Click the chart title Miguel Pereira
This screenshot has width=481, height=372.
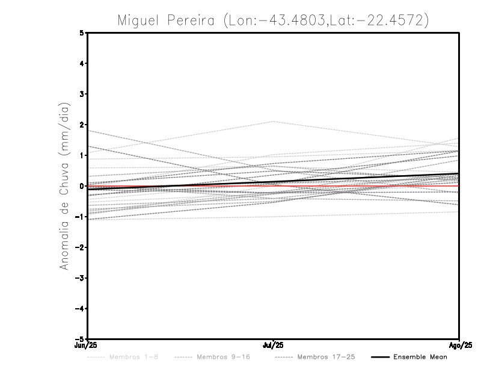click(x=168, y=20)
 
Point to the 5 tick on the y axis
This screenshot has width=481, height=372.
click(x=82, y=33)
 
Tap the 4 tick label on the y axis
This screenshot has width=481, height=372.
click(x=82, y=63)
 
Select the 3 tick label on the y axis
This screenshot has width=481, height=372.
click(x=82, y=94)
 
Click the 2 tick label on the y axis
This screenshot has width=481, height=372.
click(x=82, y=125)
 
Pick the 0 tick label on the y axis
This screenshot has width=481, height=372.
click(x=82, y=186)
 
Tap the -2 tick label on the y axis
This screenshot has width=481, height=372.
click(x=80, y=247)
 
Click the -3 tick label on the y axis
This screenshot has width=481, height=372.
click(x=80, y=278)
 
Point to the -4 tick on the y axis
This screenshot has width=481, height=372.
click(x=80, y=309)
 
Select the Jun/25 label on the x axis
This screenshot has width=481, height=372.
click(x=87, y=346)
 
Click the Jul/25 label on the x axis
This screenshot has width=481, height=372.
click(x=274, y=346)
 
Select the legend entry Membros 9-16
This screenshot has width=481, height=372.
click(x=223, y=358)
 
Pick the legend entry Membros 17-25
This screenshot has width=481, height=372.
click(x=326, y=358)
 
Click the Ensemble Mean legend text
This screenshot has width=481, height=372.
click(x=420, y=358)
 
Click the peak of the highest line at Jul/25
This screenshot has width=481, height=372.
click(x=274, y=122)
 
